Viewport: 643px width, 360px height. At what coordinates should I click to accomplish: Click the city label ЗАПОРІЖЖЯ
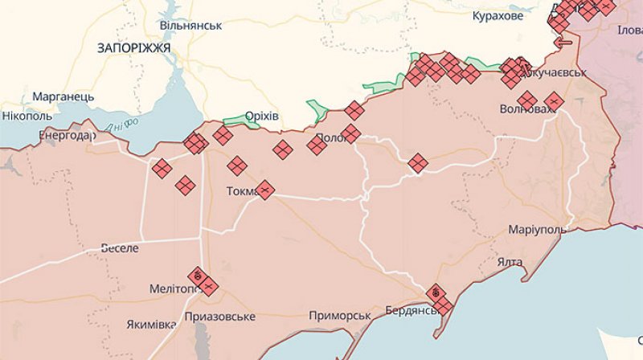pyautogui.click(x=133, y=47)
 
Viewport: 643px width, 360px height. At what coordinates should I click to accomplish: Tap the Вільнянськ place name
pyautogui.click(x=190, y=26)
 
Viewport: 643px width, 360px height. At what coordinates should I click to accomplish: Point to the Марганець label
pyautogui.click(x=63, y=96)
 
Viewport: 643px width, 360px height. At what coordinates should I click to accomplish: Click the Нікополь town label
pyautogui.click(x=27, y=116)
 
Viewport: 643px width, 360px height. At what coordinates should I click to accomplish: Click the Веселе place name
pyautogui.click(x=120, y=248)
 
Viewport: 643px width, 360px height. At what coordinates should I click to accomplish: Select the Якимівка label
pyautogui.click(x=151, y=325)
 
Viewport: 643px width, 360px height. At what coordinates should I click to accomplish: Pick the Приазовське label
pyautogui.click(x=219, y=316)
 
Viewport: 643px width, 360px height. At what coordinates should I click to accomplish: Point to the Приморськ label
pyautogui.click(x=339, y=316)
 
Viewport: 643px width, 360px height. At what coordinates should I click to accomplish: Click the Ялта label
pyautogui.click(x=510, y=262)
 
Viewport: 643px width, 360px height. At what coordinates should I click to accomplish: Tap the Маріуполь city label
pyautogui.click(x=537, y=230)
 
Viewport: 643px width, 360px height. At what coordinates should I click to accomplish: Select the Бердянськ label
pyautogui.click(x=411, y=310)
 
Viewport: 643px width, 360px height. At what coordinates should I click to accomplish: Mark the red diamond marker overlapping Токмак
pyautogui.click(x=264, y=190)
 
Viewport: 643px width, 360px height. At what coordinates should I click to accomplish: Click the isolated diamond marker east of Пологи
pyautogui.click(x=417, y=163)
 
